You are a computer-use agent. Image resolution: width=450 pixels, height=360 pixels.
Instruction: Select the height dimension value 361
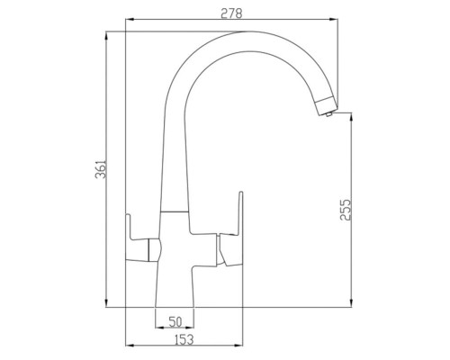point(100,168)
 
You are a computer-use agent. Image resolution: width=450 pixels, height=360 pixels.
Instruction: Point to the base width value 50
point(175,321)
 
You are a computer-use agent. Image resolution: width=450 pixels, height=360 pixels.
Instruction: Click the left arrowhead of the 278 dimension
point(127,20)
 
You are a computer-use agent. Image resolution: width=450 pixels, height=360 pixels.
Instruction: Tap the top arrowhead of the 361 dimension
point(107,34)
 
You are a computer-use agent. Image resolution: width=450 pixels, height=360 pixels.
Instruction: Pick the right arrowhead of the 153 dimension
point(242,344)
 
